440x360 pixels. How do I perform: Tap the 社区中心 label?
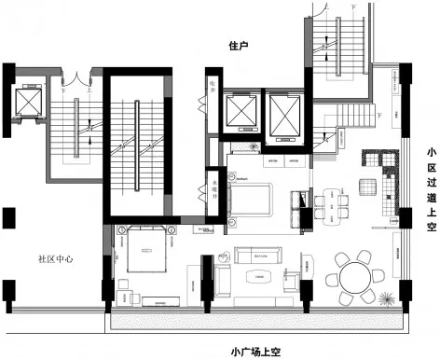point(57,258)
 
